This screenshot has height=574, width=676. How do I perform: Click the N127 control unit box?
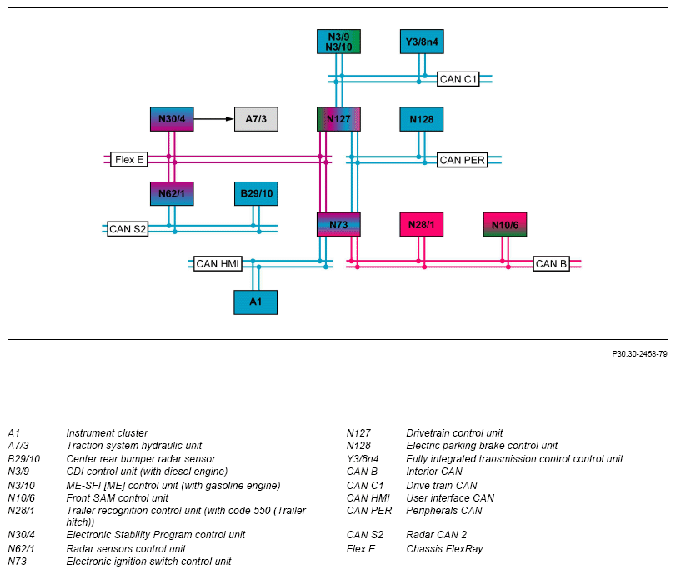click(338, 119)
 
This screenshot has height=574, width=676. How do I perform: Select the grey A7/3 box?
click(256, 119)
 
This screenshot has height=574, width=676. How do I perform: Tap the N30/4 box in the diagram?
click(172, 119)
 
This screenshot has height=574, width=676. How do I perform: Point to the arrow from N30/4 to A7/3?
click(214, 119)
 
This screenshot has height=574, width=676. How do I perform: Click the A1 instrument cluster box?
click(256, 302)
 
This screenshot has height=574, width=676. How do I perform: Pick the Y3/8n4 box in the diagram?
click(422, 42)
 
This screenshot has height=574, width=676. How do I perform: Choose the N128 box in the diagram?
click(422, 119)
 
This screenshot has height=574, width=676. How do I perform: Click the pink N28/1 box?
click(422, 224)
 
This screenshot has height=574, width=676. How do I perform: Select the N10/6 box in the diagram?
click(505, 224)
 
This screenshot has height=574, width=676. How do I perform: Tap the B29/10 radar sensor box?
click(256, 193)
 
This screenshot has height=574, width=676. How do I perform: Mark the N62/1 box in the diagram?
click(172, 193)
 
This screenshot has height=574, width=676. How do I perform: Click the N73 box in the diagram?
click(338, 224)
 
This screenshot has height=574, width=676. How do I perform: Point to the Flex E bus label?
click(129, 159)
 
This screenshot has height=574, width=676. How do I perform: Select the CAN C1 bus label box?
click(458, 79)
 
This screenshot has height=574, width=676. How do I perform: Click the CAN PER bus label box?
click(462, 160)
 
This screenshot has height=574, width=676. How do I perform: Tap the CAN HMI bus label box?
click(218, 263)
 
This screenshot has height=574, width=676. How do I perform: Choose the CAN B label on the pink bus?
click(552, 263)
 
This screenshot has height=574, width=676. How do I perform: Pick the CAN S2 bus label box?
click(128, 228)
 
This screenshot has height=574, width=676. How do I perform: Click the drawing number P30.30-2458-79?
click(640, 354)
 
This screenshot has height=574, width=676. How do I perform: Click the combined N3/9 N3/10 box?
click(338, 42)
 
